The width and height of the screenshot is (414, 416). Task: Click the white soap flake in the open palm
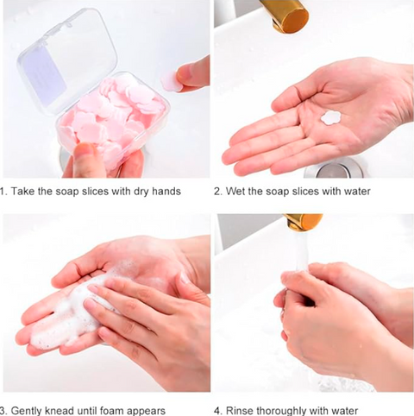coord(330,117)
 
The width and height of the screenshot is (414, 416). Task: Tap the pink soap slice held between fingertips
coord(171,80)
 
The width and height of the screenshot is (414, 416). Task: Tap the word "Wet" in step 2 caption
coord(235,192)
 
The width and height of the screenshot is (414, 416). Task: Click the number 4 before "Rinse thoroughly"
coord(217,411)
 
